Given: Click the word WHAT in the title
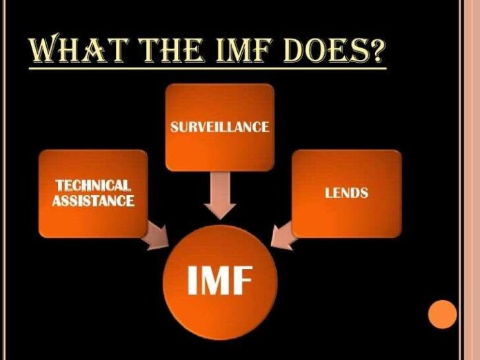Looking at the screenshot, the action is (78, 48).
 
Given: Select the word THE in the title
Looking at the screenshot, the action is (171, 49).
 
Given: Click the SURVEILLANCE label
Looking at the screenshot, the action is (220, 127).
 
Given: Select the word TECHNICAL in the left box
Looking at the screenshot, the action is (93, 186).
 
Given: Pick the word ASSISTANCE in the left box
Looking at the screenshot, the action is (93, 201).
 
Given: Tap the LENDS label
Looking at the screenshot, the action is (346, 193).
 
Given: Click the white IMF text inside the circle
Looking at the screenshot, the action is (220, 280).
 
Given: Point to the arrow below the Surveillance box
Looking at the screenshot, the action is (220, 195).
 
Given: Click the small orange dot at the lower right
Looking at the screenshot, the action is (442, 314).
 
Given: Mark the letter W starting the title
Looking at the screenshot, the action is (44, 48).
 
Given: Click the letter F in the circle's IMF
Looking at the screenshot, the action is (244, 280).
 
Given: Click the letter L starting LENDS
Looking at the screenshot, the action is (328, 193).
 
